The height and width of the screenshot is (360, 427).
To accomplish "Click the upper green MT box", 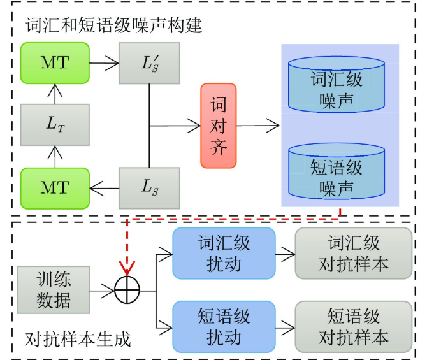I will point(55,62).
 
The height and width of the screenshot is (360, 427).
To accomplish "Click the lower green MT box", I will point(55,187).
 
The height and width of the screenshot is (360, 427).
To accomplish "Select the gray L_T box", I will point(55,126).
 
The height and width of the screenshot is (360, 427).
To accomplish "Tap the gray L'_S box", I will point(149,62).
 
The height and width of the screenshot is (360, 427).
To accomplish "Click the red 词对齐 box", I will point(218,126).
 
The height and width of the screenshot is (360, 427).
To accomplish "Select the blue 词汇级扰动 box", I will point(224,254).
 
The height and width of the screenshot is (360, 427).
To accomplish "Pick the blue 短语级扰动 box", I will point(224,326).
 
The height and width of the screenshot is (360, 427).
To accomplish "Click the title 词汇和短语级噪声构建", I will point(114,25).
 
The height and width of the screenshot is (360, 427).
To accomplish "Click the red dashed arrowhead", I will point(128,268).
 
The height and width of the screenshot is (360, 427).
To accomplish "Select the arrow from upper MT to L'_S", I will point(104,62).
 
